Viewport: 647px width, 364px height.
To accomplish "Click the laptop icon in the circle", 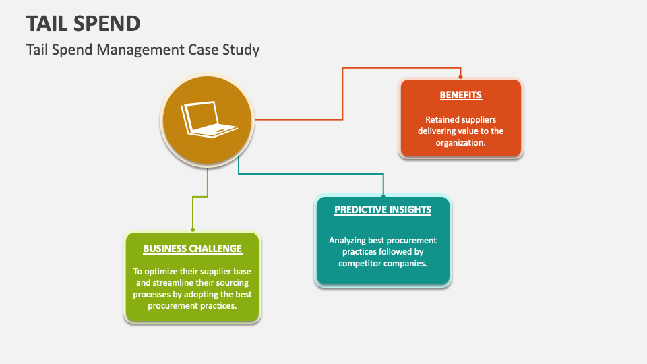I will click(x=208, y=120).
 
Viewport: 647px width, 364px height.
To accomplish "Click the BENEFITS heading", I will click(x=461, y=95).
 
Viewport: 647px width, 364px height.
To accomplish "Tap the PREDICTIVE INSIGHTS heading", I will click(x=383, y=210).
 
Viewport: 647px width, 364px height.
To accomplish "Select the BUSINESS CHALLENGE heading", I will click(x=192, y=249).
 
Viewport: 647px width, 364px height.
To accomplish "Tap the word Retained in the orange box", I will click(x=441, y=120).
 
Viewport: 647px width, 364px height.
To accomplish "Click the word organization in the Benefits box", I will click(x=460, y=142).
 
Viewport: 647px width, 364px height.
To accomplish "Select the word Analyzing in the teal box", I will click(x=349, y=241).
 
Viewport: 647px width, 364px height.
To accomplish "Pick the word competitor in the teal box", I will click(x=365, y=264).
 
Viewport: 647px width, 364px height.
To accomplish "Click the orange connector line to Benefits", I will click(x=342, y=94).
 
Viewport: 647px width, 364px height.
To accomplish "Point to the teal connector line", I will click(x=310, y=174).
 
